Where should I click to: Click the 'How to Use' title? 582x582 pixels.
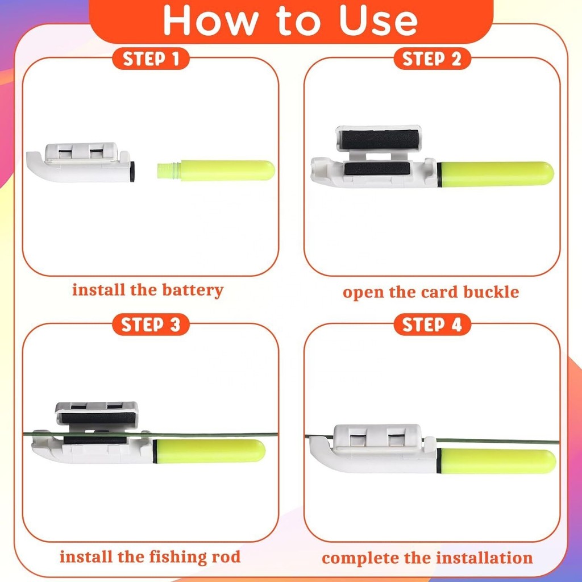[x=290, y=21]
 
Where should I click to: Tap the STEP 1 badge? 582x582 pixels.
[x=151, y=59]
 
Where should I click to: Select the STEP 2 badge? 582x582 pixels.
[x=432, y=59]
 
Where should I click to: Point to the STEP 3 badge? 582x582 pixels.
[x=151, y=325]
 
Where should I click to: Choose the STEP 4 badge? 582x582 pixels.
[x=432, y=325]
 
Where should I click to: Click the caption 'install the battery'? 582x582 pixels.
[x=148, y=290]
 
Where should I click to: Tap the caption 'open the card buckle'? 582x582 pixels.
[x=431, y=292]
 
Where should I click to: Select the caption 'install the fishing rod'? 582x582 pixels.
[x=150, y=557]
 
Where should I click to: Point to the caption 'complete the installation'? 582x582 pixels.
[x=427, y=558]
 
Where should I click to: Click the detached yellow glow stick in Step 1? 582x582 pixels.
[x=216, y=171]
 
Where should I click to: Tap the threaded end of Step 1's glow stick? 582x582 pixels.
[x=169, y=171]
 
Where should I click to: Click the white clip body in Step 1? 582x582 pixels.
[x=81, y=162]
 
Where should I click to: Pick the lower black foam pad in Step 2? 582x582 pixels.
[x=377, y=168]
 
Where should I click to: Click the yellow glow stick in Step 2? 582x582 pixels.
[x=496, y=174]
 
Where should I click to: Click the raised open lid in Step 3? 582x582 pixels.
[x=97, y=414]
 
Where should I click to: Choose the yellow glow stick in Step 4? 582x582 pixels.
[x=497, y=461]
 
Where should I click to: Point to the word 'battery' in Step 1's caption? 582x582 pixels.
[x=193, y=290]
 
